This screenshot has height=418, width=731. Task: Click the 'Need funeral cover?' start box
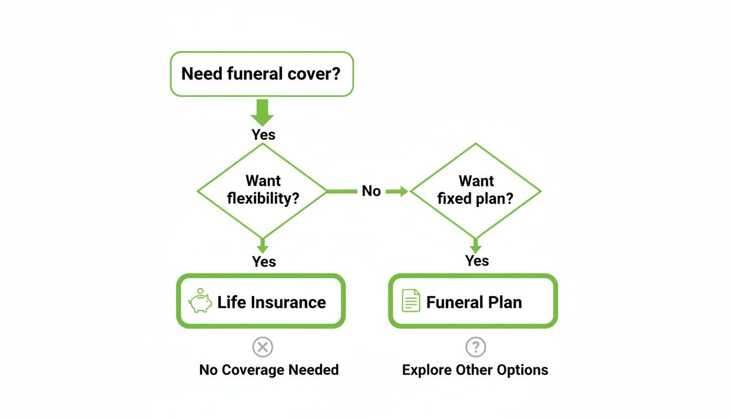(262, 74)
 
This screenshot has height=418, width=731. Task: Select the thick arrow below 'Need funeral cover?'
(262, 113)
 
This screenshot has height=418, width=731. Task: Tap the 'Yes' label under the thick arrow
(263, 134)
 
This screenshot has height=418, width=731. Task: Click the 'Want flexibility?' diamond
(262, 190)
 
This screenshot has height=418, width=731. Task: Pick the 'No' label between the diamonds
(371, 191)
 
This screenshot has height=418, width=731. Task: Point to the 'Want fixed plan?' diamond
(475, 190)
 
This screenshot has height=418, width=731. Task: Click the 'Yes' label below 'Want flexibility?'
(264, 262)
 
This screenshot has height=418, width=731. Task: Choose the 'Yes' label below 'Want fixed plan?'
(477, 261)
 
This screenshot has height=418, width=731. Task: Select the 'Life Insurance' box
(261, 302)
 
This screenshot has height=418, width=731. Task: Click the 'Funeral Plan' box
(473, 302)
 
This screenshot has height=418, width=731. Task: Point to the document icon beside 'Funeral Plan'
(411, 301)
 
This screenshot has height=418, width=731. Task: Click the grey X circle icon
(263, 347)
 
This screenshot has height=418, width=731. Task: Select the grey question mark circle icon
(475, 347)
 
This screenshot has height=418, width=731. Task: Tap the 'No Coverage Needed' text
(269, 370)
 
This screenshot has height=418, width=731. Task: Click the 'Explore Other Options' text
(475, 370)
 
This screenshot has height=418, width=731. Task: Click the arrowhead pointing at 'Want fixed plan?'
(403, 191)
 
